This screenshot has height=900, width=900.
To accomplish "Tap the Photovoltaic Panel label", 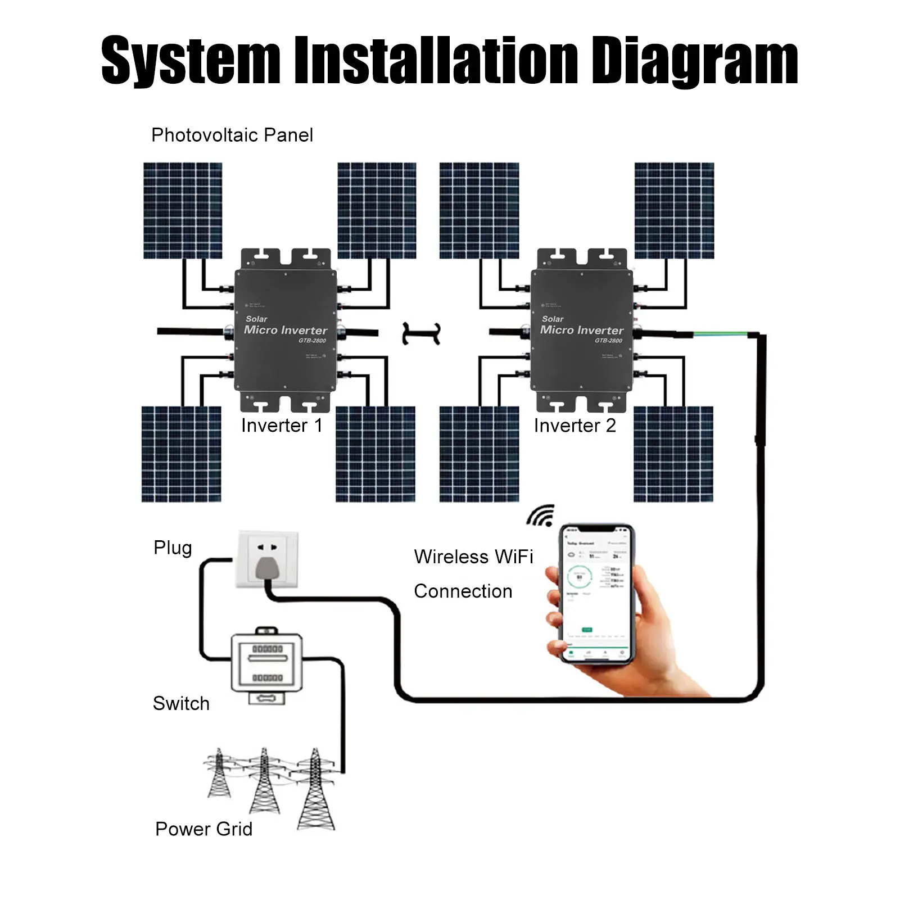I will pos(232,135).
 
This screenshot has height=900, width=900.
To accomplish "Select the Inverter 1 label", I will pos(282,426).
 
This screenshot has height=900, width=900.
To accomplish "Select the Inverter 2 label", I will pos(575,426).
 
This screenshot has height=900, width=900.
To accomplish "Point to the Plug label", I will pos(173,548).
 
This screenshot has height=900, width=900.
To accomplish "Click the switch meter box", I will pos(267,663).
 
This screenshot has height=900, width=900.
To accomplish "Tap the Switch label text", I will pos(181,703).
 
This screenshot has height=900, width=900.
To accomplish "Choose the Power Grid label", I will pos(203,829).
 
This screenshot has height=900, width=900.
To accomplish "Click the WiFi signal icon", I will pos(541,516).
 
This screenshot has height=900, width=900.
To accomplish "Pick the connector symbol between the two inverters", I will pos(421,333).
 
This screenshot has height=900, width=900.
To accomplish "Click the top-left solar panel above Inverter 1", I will pos(183,210).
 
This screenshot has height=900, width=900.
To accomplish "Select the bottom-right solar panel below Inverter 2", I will pos(673,454).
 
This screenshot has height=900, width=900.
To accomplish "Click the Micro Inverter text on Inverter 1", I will pos(285,330).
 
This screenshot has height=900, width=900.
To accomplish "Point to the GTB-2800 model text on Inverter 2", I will pos(608,341).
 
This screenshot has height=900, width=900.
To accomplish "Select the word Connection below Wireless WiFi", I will pos(463,591).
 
